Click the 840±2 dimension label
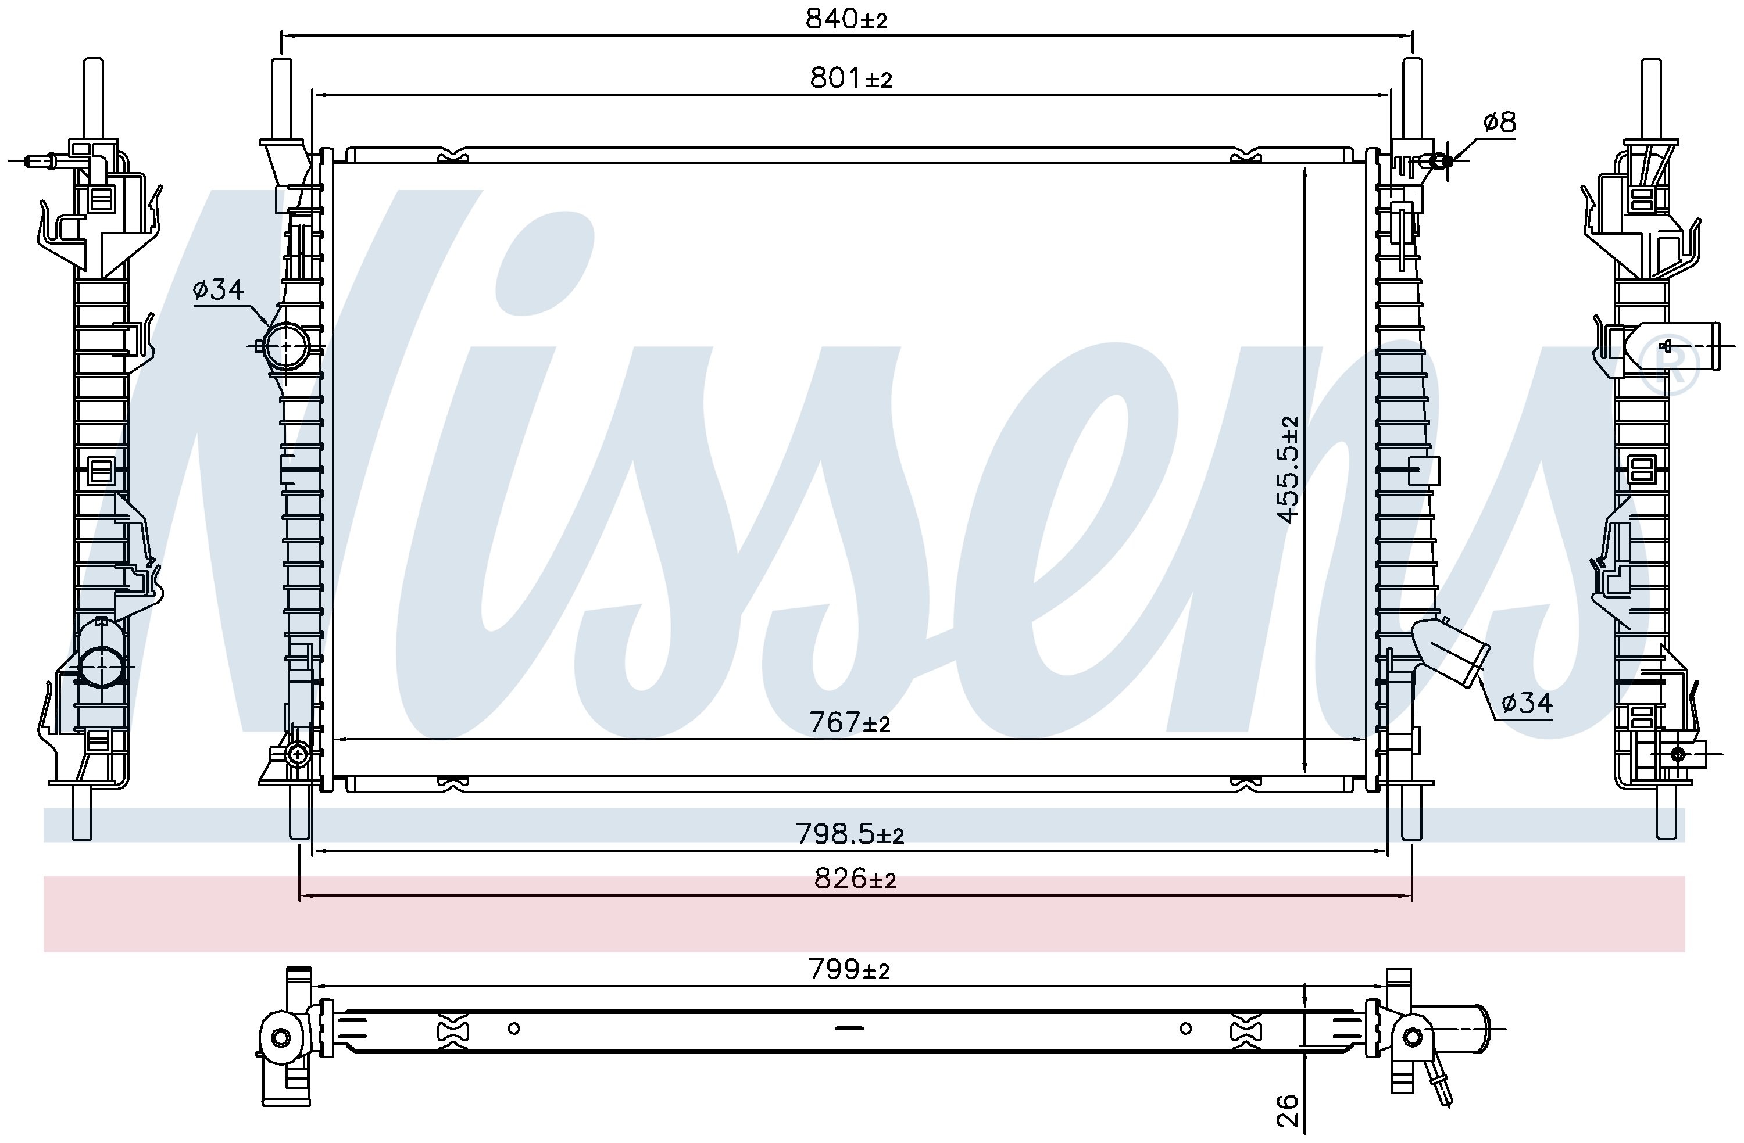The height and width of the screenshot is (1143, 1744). point(846,19)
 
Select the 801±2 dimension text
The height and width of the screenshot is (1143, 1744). point(850,78)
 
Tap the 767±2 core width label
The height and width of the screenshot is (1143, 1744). point(849,723)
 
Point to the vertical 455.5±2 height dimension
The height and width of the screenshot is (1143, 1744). point(1288,469)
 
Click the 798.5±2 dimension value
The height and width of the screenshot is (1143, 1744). point(850,834)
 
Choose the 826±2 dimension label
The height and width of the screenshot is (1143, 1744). point(855,879)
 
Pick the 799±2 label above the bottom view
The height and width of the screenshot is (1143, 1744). point(849,969)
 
